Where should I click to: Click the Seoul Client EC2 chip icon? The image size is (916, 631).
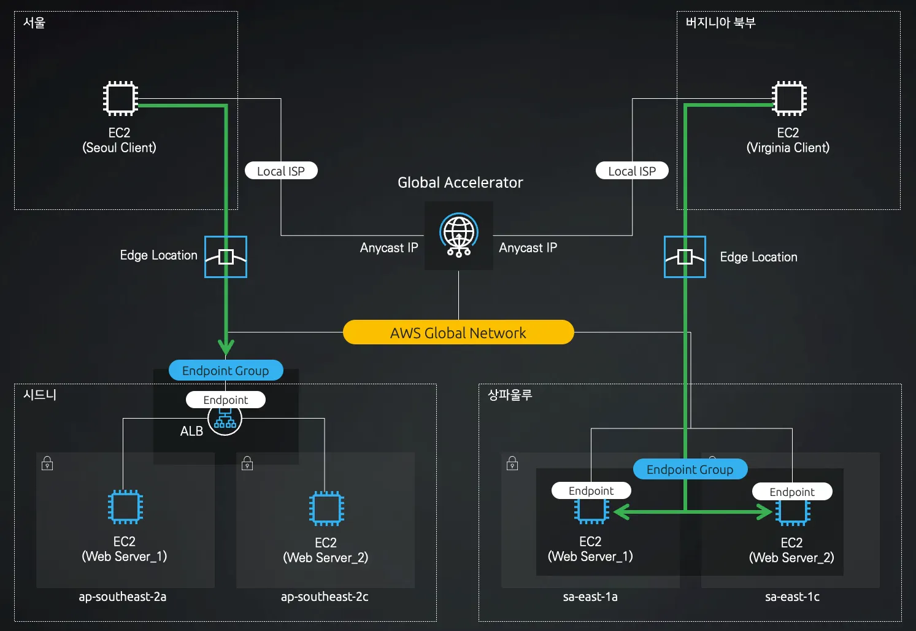click(x=120, y=98)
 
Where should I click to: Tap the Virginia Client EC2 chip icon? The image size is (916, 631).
click(x=789, y=98)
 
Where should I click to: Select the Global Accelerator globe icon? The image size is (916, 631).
click(x=459, y=234)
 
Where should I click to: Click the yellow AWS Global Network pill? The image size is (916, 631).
click(x=458, y=333)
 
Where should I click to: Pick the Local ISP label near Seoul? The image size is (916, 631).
click(x=281, y=171)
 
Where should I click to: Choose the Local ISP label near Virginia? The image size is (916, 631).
click(x=632, y=171)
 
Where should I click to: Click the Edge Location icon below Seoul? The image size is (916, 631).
click(x=226, y=257)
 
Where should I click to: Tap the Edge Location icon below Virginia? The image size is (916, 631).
click(x=685, y=257)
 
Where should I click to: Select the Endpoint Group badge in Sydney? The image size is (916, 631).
click(x=226, y=370)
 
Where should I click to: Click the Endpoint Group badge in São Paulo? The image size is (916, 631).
click(x=690, y=469)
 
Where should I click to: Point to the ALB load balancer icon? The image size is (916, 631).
click(x=225, y=420)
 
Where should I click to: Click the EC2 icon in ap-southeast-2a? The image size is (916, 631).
click(x=125, y=507)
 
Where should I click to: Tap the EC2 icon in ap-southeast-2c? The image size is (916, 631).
click(x=326, y=508)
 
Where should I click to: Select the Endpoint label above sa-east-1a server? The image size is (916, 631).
click(x=591, y=490)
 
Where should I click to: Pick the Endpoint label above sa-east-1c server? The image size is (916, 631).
click(x=792, y=492)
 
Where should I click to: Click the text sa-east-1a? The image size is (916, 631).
click(x=590, y=597)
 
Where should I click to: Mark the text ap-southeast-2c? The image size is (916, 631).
click(x=325, y=597)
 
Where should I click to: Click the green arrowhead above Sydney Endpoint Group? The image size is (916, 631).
click(x=226, y=346)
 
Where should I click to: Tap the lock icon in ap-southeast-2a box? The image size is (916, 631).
click(x=47, y=463)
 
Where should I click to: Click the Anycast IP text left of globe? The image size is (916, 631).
click(x=389, y=248)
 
